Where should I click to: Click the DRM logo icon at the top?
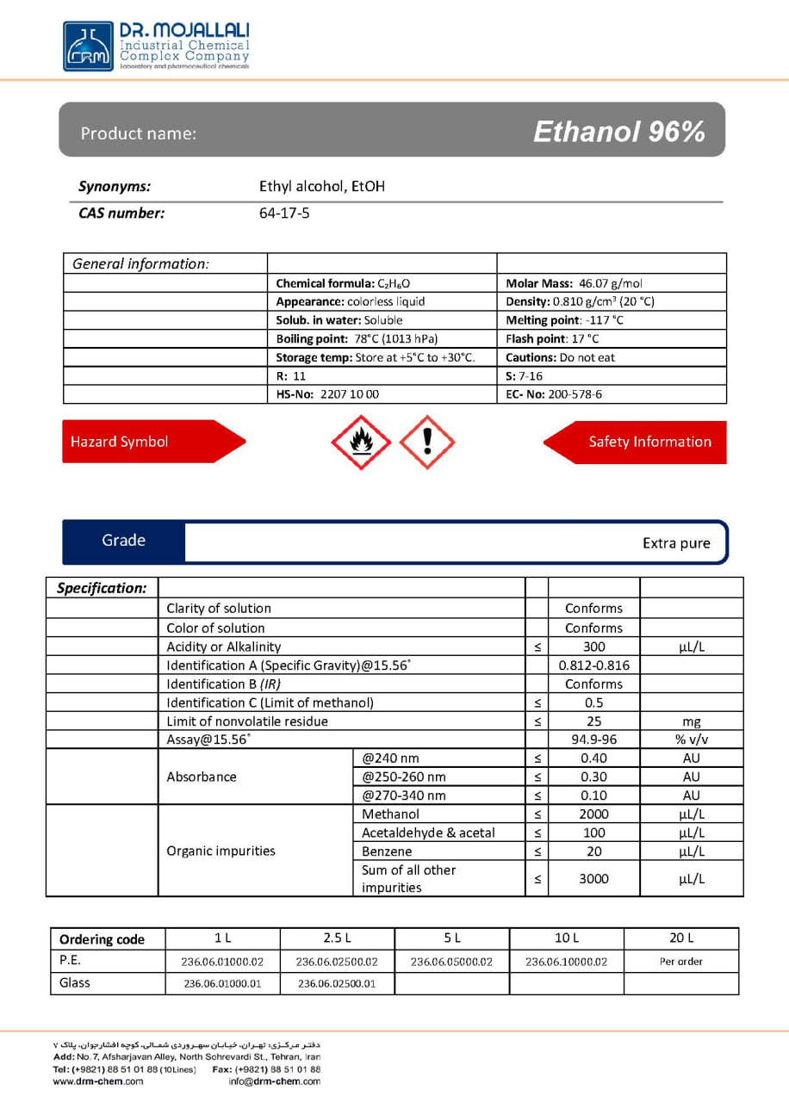click(x=88, y=46)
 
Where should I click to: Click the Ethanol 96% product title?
click(x=618, y=132)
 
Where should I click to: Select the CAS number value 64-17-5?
click(x=284, y=213)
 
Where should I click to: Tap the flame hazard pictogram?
click(x=360, y=443)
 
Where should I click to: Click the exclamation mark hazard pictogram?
click(x=427, y=443)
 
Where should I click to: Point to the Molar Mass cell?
click(x=574, y=283)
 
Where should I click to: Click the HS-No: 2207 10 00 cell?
click(x=327, y=394)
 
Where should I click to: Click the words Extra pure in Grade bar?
click(x=676, y=543)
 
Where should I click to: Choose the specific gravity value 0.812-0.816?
click(x=593, y=666)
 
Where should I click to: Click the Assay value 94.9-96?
click(x=593, y=740)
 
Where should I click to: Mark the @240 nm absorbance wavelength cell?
click(x=391, y=758)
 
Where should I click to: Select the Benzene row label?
click(x=387, y=851)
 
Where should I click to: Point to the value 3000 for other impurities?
click(x=593, y=879)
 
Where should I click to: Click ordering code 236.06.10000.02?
click(x=566, y=962)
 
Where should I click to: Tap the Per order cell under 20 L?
click(x=680, y=962)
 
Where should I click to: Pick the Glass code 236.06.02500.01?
click(x=337, y=984)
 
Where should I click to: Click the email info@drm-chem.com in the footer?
click(x=274, y=1081)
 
